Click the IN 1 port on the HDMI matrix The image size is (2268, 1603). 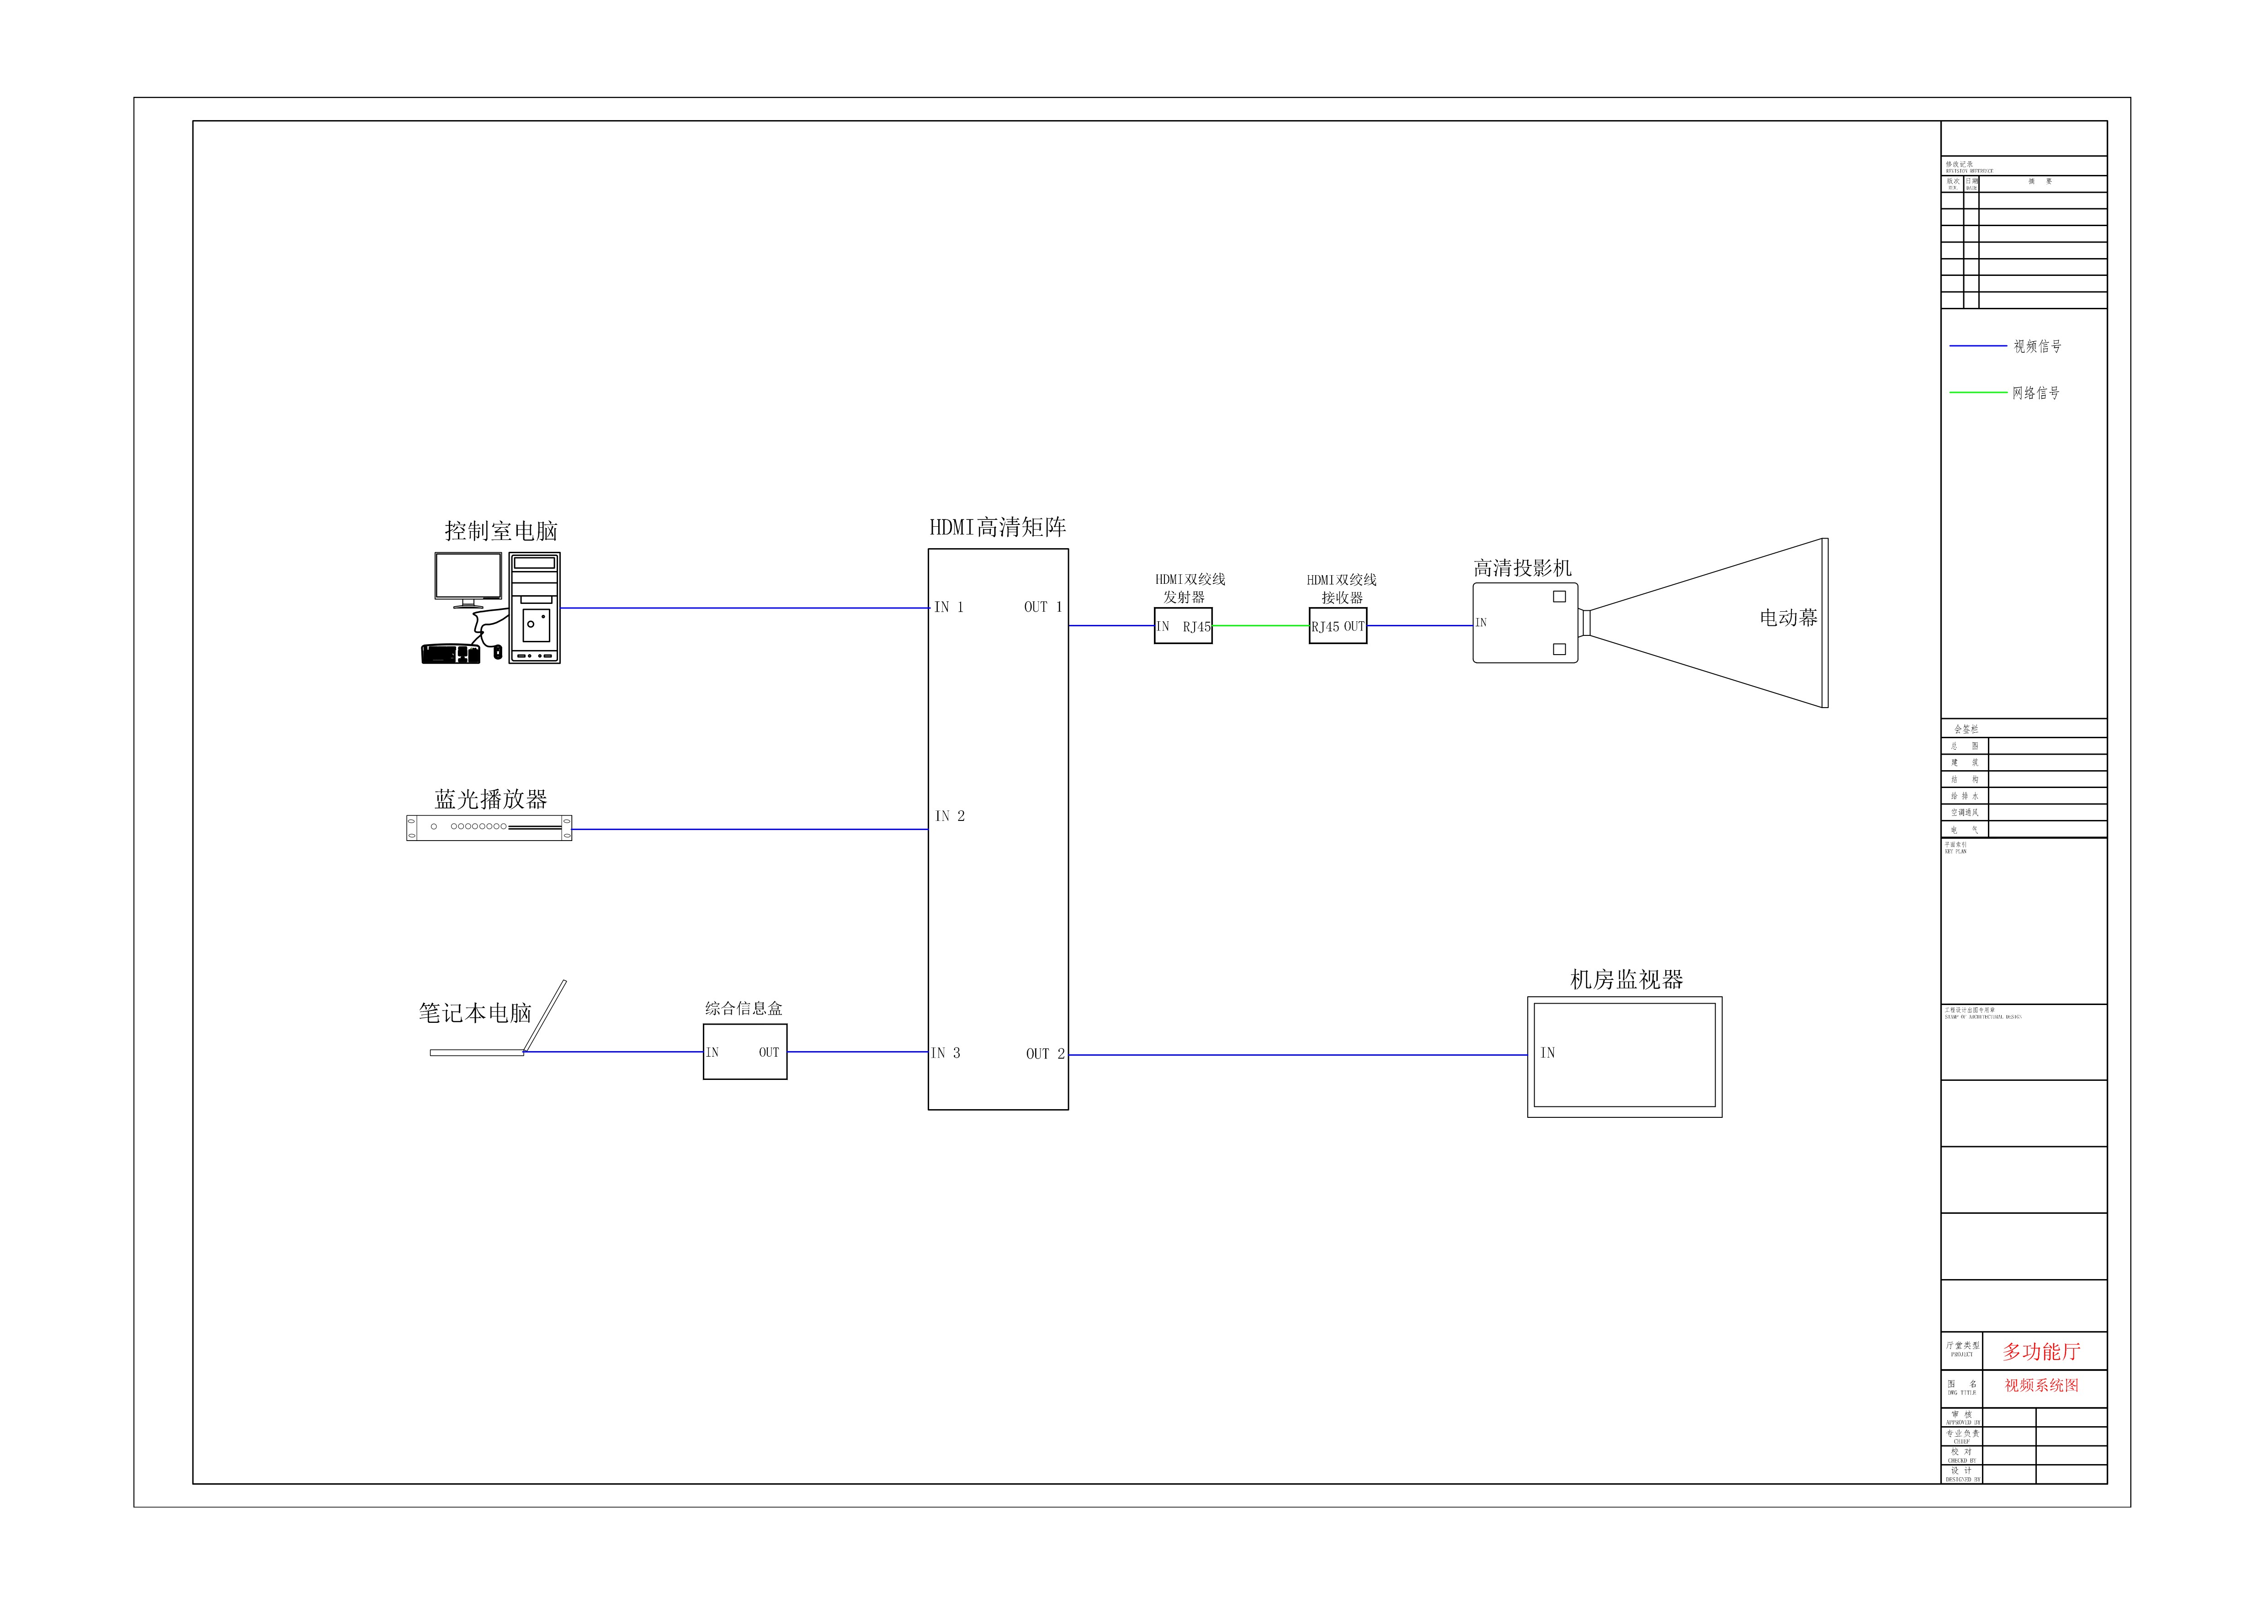coord(948,608)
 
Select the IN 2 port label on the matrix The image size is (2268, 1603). coord(949,816)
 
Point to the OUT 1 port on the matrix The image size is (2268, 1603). coord(1042,608)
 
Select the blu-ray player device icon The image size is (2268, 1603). coord(489,828)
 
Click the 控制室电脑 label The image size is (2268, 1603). coord(501,531)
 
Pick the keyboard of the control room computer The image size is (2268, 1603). coord(451,654)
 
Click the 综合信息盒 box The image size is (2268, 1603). coord(745,1052)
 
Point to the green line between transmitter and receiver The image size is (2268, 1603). coord(1260,625)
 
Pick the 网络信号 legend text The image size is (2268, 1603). coord(2036,393)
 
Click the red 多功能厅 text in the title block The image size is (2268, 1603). coord(2041,1351)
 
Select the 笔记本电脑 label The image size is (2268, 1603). coord(475,1013)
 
